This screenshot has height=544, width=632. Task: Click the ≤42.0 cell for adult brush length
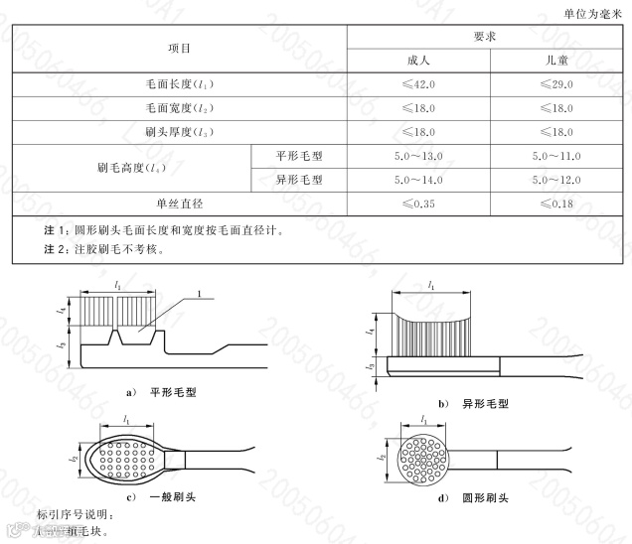pyautogui.click(x=418, y=84)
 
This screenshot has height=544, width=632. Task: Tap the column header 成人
pyautogui.click(x=418, y=60)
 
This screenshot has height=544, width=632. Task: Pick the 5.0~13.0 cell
pyautogui.click(x=418, y=156)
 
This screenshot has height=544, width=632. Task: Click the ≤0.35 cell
pyautogui.click(x=418, y=204)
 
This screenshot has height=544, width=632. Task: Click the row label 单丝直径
pyautogui.click(x=179, y=204)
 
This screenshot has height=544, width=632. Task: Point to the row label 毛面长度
pyautogui.click(x=179, y=84)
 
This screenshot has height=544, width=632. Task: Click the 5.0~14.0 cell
pyautogui.click(x=418, y=180)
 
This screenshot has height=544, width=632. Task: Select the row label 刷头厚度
pyautogui.click(x=179, y=132)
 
